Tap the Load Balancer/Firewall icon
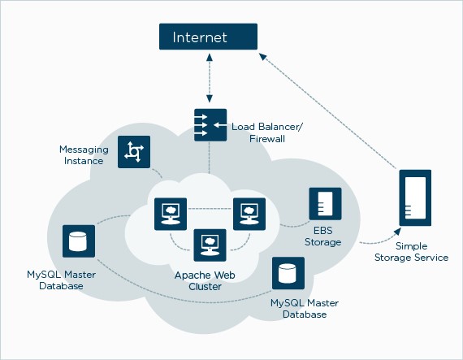click(210, 125)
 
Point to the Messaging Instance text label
click(81, 155)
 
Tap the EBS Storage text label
click(322, 236)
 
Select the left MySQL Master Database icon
click(79, 241)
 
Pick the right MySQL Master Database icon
click(288, 273)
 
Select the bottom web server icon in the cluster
click(210, 243)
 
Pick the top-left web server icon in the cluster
click(170, 214)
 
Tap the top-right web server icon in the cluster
click(249, 214)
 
